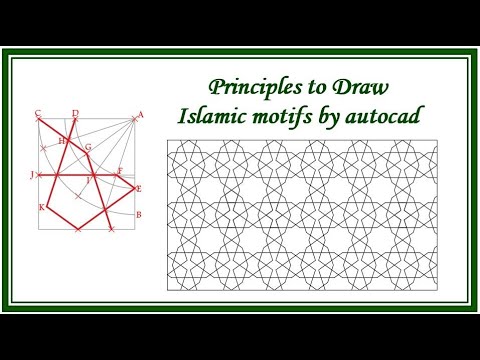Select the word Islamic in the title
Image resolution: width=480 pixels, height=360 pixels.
(212, 116)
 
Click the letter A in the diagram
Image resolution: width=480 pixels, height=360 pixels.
(140, 115)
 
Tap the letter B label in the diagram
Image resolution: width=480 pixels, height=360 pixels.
(138, 215)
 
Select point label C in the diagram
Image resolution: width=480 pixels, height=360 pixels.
(37, 113)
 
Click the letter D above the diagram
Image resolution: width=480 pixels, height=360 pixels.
(75, 113)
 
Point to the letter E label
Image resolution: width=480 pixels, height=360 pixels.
(139, 189)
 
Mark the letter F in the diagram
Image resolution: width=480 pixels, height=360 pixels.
(119, 171)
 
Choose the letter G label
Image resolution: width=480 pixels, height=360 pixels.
(88, 148)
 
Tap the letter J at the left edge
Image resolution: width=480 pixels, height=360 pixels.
(33, 175)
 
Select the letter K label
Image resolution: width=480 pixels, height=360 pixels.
(41, 207)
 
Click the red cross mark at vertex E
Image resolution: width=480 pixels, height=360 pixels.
(133, 188)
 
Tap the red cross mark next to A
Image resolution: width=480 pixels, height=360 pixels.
(132, 117)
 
